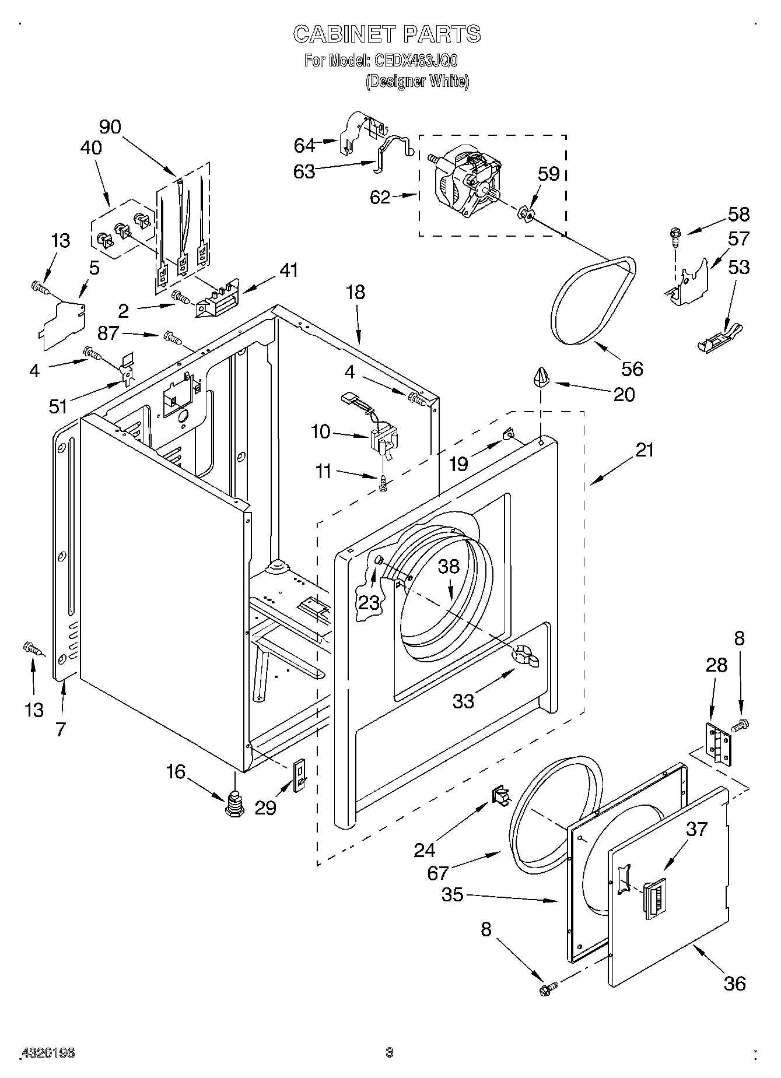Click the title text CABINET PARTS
pyautogui.click(x=387, y=34)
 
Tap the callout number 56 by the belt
pyautogui.click(x=632, y=368)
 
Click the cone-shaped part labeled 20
pyautogui.click(x=541, y=377)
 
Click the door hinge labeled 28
pyautogui.click(x=719, y=743)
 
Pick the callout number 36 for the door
pyautogui.click(x=735, y=984)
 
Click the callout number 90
pyautogui.click(x=110, y=127)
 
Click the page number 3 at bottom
pyautogui.click(x=390, y=1053)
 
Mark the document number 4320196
pyautogui.click(x=48, y=1054)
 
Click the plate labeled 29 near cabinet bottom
pyautogui.click(x=299, y=775)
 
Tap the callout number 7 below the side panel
pyautogui.click(x=61, y=729)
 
